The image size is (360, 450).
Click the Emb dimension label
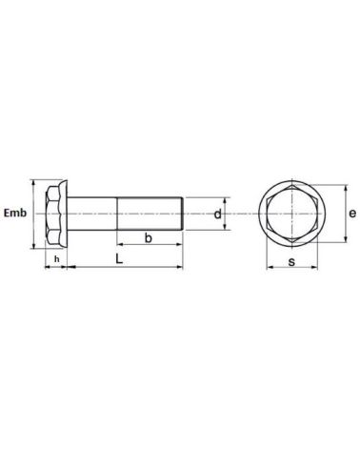coord(14,214)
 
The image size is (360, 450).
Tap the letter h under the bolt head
coord(56,259)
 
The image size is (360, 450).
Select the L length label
coord(119,258)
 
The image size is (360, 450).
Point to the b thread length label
coord(149,237)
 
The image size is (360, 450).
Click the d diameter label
coord(217,215)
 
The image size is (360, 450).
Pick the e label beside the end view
coord(350,215)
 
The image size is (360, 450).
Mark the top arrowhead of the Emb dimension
coord(33,182)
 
